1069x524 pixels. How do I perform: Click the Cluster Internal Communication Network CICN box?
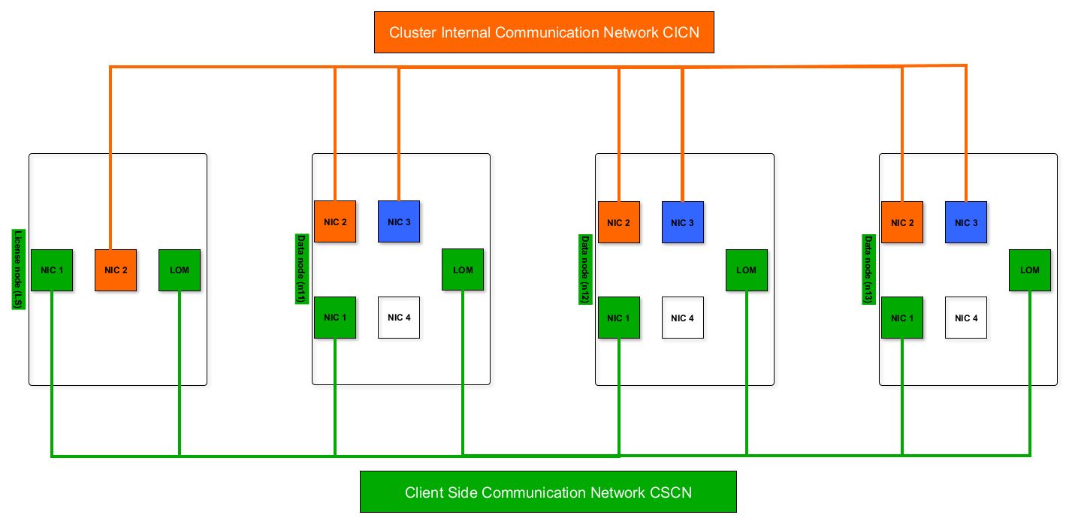click(543, 32)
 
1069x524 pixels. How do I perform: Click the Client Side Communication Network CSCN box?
click(548, 492)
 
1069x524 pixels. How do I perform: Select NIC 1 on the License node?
click(52, 270)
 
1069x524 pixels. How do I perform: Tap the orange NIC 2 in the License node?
click(116, 270)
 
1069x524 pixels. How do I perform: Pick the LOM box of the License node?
click(180, 270)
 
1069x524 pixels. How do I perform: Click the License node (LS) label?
click(18, 270)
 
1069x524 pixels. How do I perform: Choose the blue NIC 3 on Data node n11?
click(399, 222)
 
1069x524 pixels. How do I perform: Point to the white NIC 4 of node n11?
click(399, 318)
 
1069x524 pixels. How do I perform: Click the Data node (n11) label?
click(301, 269)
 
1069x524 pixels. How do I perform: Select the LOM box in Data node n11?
click(463, 270)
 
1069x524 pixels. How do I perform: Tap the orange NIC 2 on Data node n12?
click(619, 222)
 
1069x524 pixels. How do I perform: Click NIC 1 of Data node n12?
click(619, 318)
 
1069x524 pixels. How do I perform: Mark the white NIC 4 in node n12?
click(682, 318)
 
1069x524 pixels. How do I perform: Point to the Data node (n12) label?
click(584, 269)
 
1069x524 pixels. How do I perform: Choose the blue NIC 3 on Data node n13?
click(966, 222)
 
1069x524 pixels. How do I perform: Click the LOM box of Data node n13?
click(1030, 270)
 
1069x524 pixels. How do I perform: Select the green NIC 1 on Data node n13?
click(902, 318)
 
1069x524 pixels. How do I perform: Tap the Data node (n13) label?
click(868, 269)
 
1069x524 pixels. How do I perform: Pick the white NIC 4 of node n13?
click(966, 318)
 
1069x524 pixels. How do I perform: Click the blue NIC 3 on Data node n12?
click(682, 222)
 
